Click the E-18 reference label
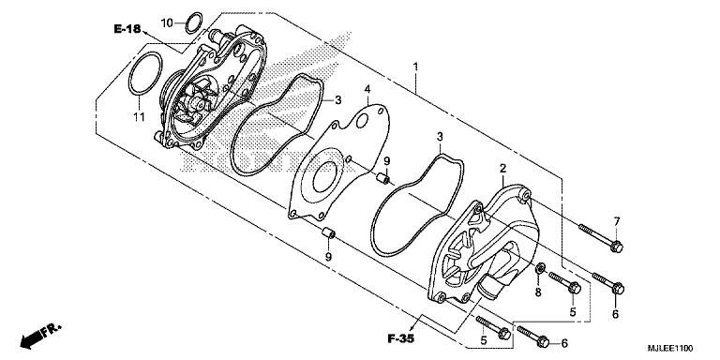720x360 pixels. pyautogui.click(x=127, y=31)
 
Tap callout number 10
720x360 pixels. pyautogui.click(x=166, y=22)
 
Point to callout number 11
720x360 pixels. pyautogui.click(x=137, y=116)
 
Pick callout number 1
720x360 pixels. pyautogui.click(x=416, y=67)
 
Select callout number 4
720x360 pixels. pyautogui.click(x=368, y=90)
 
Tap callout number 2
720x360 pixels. pyautogui.click(x=502, y=168)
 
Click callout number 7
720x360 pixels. pyautogui.click(x=616, y=220)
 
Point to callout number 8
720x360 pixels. pyautogui.click(x=537, y=292)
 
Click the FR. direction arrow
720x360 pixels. pyautogui.click(x=37, y=333)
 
